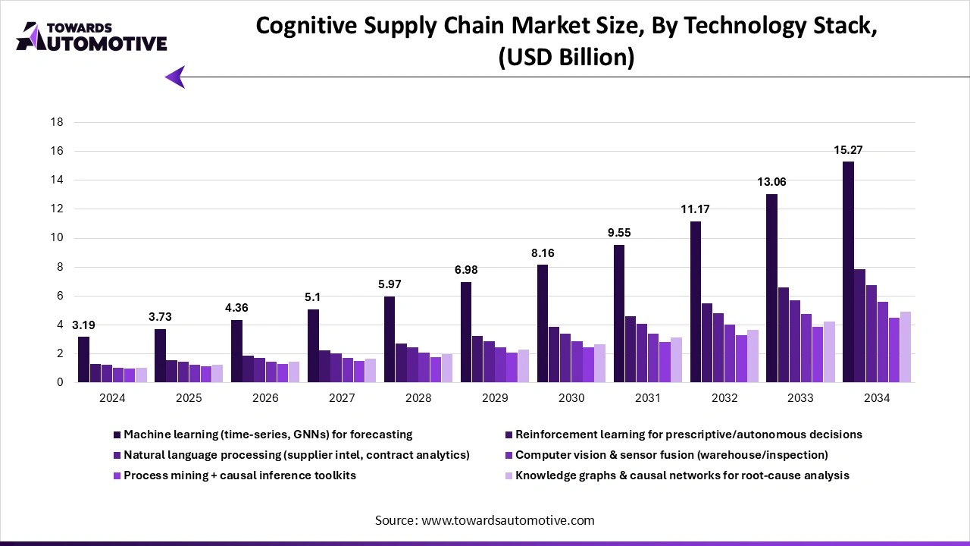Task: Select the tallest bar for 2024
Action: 83,359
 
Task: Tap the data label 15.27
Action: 848,150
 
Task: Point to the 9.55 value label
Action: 618,233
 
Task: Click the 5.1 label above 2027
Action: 313,298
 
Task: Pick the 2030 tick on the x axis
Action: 571,398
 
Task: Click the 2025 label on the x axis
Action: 189,398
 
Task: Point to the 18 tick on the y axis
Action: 57,122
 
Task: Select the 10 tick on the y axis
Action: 57,238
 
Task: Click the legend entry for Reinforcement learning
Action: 688,435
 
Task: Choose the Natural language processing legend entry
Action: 296,455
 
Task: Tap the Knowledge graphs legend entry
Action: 682,475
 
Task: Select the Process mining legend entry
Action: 239,475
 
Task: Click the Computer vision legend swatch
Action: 509,455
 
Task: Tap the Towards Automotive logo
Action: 91,36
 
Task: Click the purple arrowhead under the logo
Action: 175,77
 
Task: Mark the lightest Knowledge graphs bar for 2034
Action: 905,347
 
